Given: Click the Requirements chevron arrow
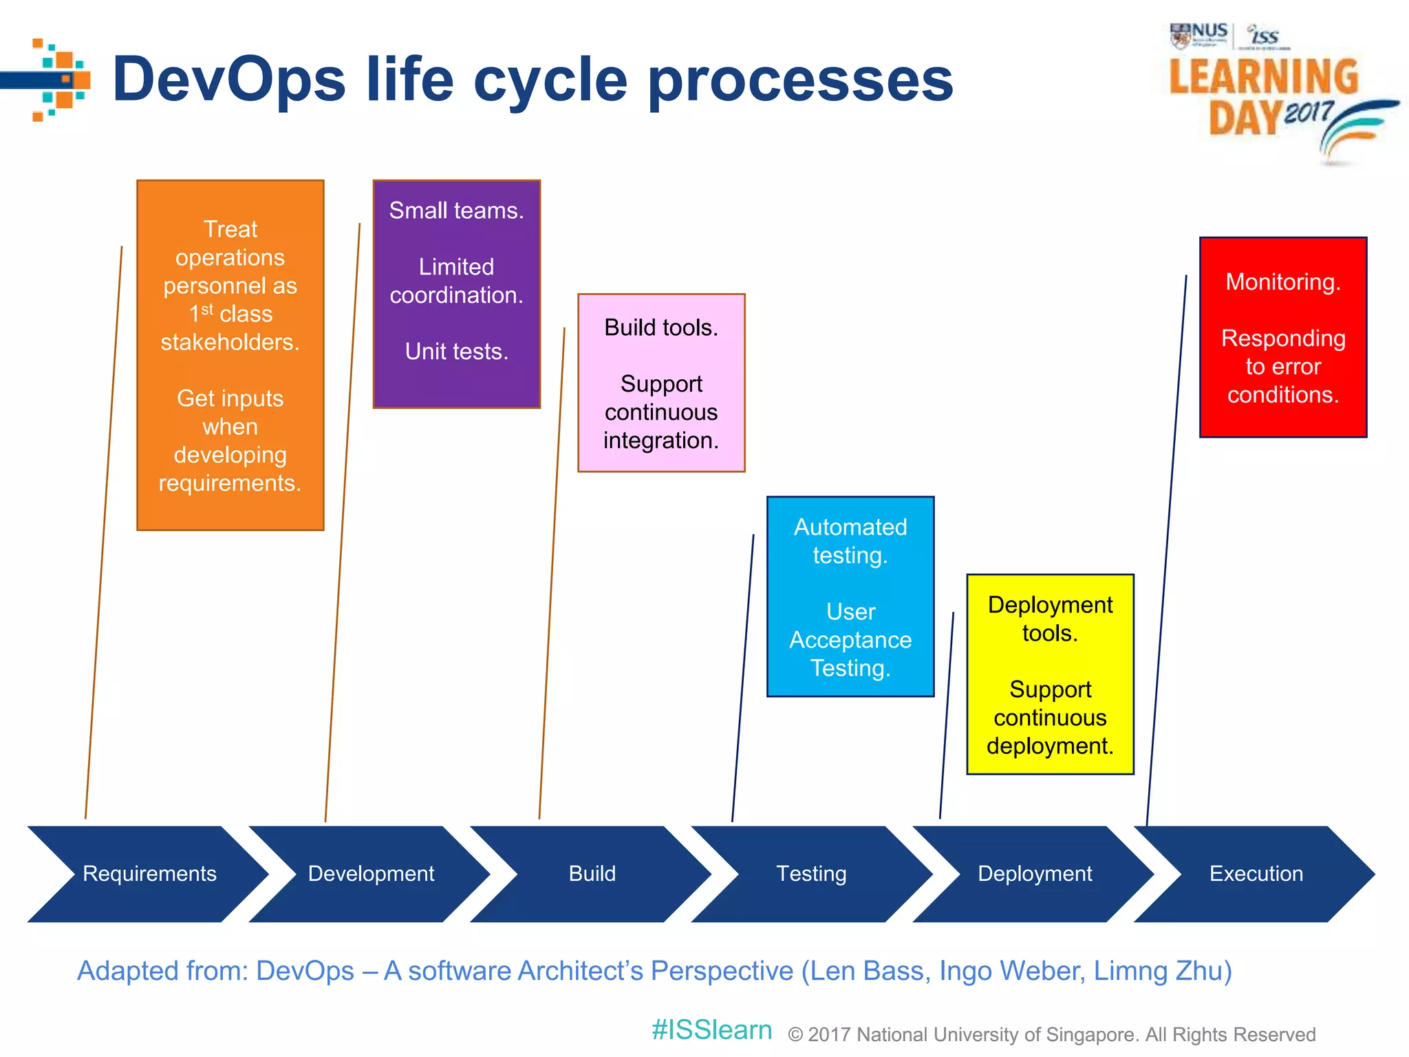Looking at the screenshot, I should [149, 873].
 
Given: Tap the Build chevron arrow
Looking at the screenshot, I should [592, 873].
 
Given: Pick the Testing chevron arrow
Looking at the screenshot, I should [812, 873].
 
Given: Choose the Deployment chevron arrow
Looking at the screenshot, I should [1034, 873].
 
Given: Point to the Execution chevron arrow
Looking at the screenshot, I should [1256, 873].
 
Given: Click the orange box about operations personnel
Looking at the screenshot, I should [230, 355].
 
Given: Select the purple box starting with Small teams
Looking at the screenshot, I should [456, 294].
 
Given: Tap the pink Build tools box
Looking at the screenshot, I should [661, 383].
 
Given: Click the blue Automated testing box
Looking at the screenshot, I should [850, 596].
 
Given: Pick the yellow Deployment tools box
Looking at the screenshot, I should [1050, 674].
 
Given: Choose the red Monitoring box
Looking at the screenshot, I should [1283, 337].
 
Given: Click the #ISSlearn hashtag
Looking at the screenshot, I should [711, 1030].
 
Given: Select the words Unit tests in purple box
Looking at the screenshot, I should [456, 352].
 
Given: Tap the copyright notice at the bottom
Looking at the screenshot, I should [1051, 1034].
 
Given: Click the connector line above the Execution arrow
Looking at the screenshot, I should [1167, 551].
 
